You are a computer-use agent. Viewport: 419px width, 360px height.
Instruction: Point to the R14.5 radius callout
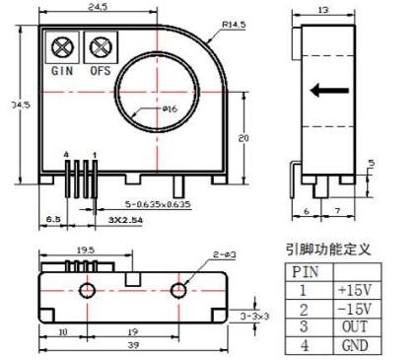tap(235, 22)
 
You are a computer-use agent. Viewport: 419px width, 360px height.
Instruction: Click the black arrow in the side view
tap(330, 92)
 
